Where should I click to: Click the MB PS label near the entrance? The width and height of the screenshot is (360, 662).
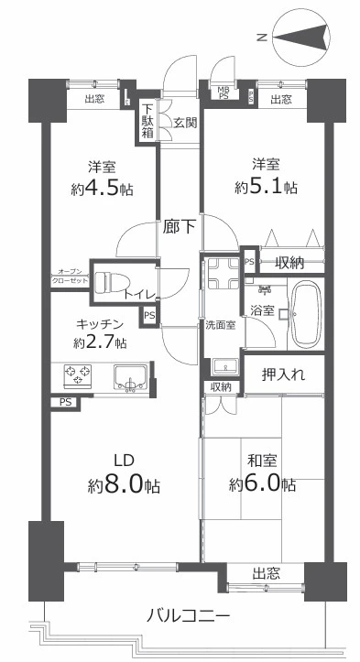pos(224,90)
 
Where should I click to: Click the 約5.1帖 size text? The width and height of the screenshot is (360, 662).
pos(265,187)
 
